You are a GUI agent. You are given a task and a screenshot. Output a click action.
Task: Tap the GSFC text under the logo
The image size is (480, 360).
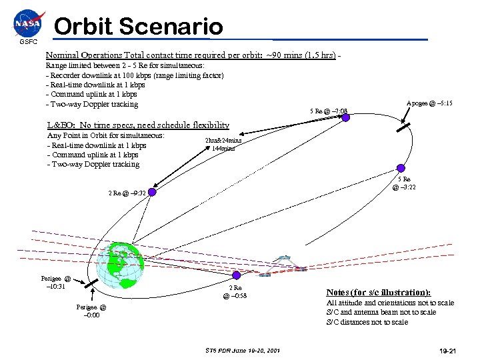point(29,42)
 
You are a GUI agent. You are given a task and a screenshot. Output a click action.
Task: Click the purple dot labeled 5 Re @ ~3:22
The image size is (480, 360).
point(400,169)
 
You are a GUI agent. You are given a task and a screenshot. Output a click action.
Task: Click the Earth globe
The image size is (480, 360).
point(119,264)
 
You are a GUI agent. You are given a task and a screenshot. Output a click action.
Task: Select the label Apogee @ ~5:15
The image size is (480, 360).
point(430,103)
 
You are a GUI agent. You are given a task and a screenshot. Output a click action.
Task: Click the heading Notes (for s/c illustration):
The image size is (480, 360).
point(378,292)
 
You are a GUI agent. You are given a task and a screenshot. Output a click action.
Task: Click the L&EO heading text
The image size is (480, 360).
point(139,125)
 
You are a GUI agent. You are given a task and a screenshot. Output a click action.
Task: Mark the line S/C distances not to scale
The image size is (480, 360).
point(366,322)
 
